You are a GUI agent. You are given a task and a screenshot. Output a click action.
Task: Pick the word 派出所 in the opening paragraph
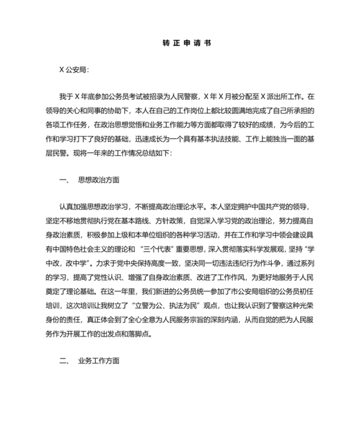click(x=276, y=97)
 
